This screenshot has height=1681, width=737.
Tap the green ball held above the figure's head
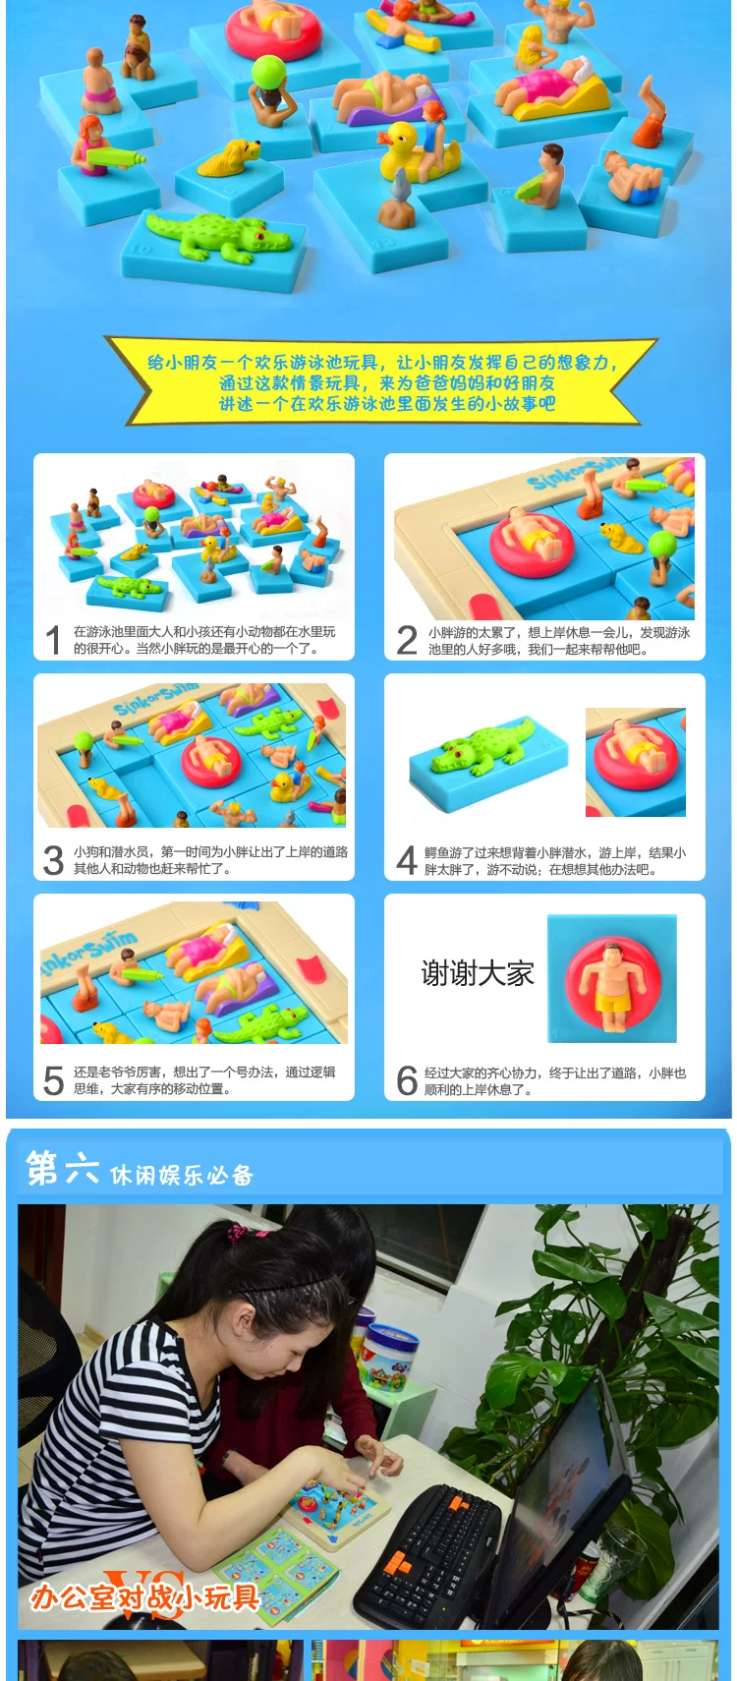pos(267,72)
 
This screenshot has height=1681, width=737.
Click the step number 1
pos(52,640)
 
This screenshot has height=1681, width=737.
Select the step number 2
pos(407,640)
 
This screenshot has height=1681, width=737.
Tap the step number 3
pos(53,860)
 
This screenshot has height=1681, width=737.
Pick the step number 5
pos(53,1080)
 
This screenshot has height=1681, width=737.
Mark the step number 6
pos(407,1080)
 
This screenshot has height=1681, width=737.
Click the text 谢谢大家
pos(478,974)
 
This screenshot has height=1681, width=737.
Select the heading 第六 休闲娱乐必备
pos(140,1169)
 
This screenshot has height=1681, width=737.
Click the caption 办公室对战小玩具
pos(143,1596)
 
